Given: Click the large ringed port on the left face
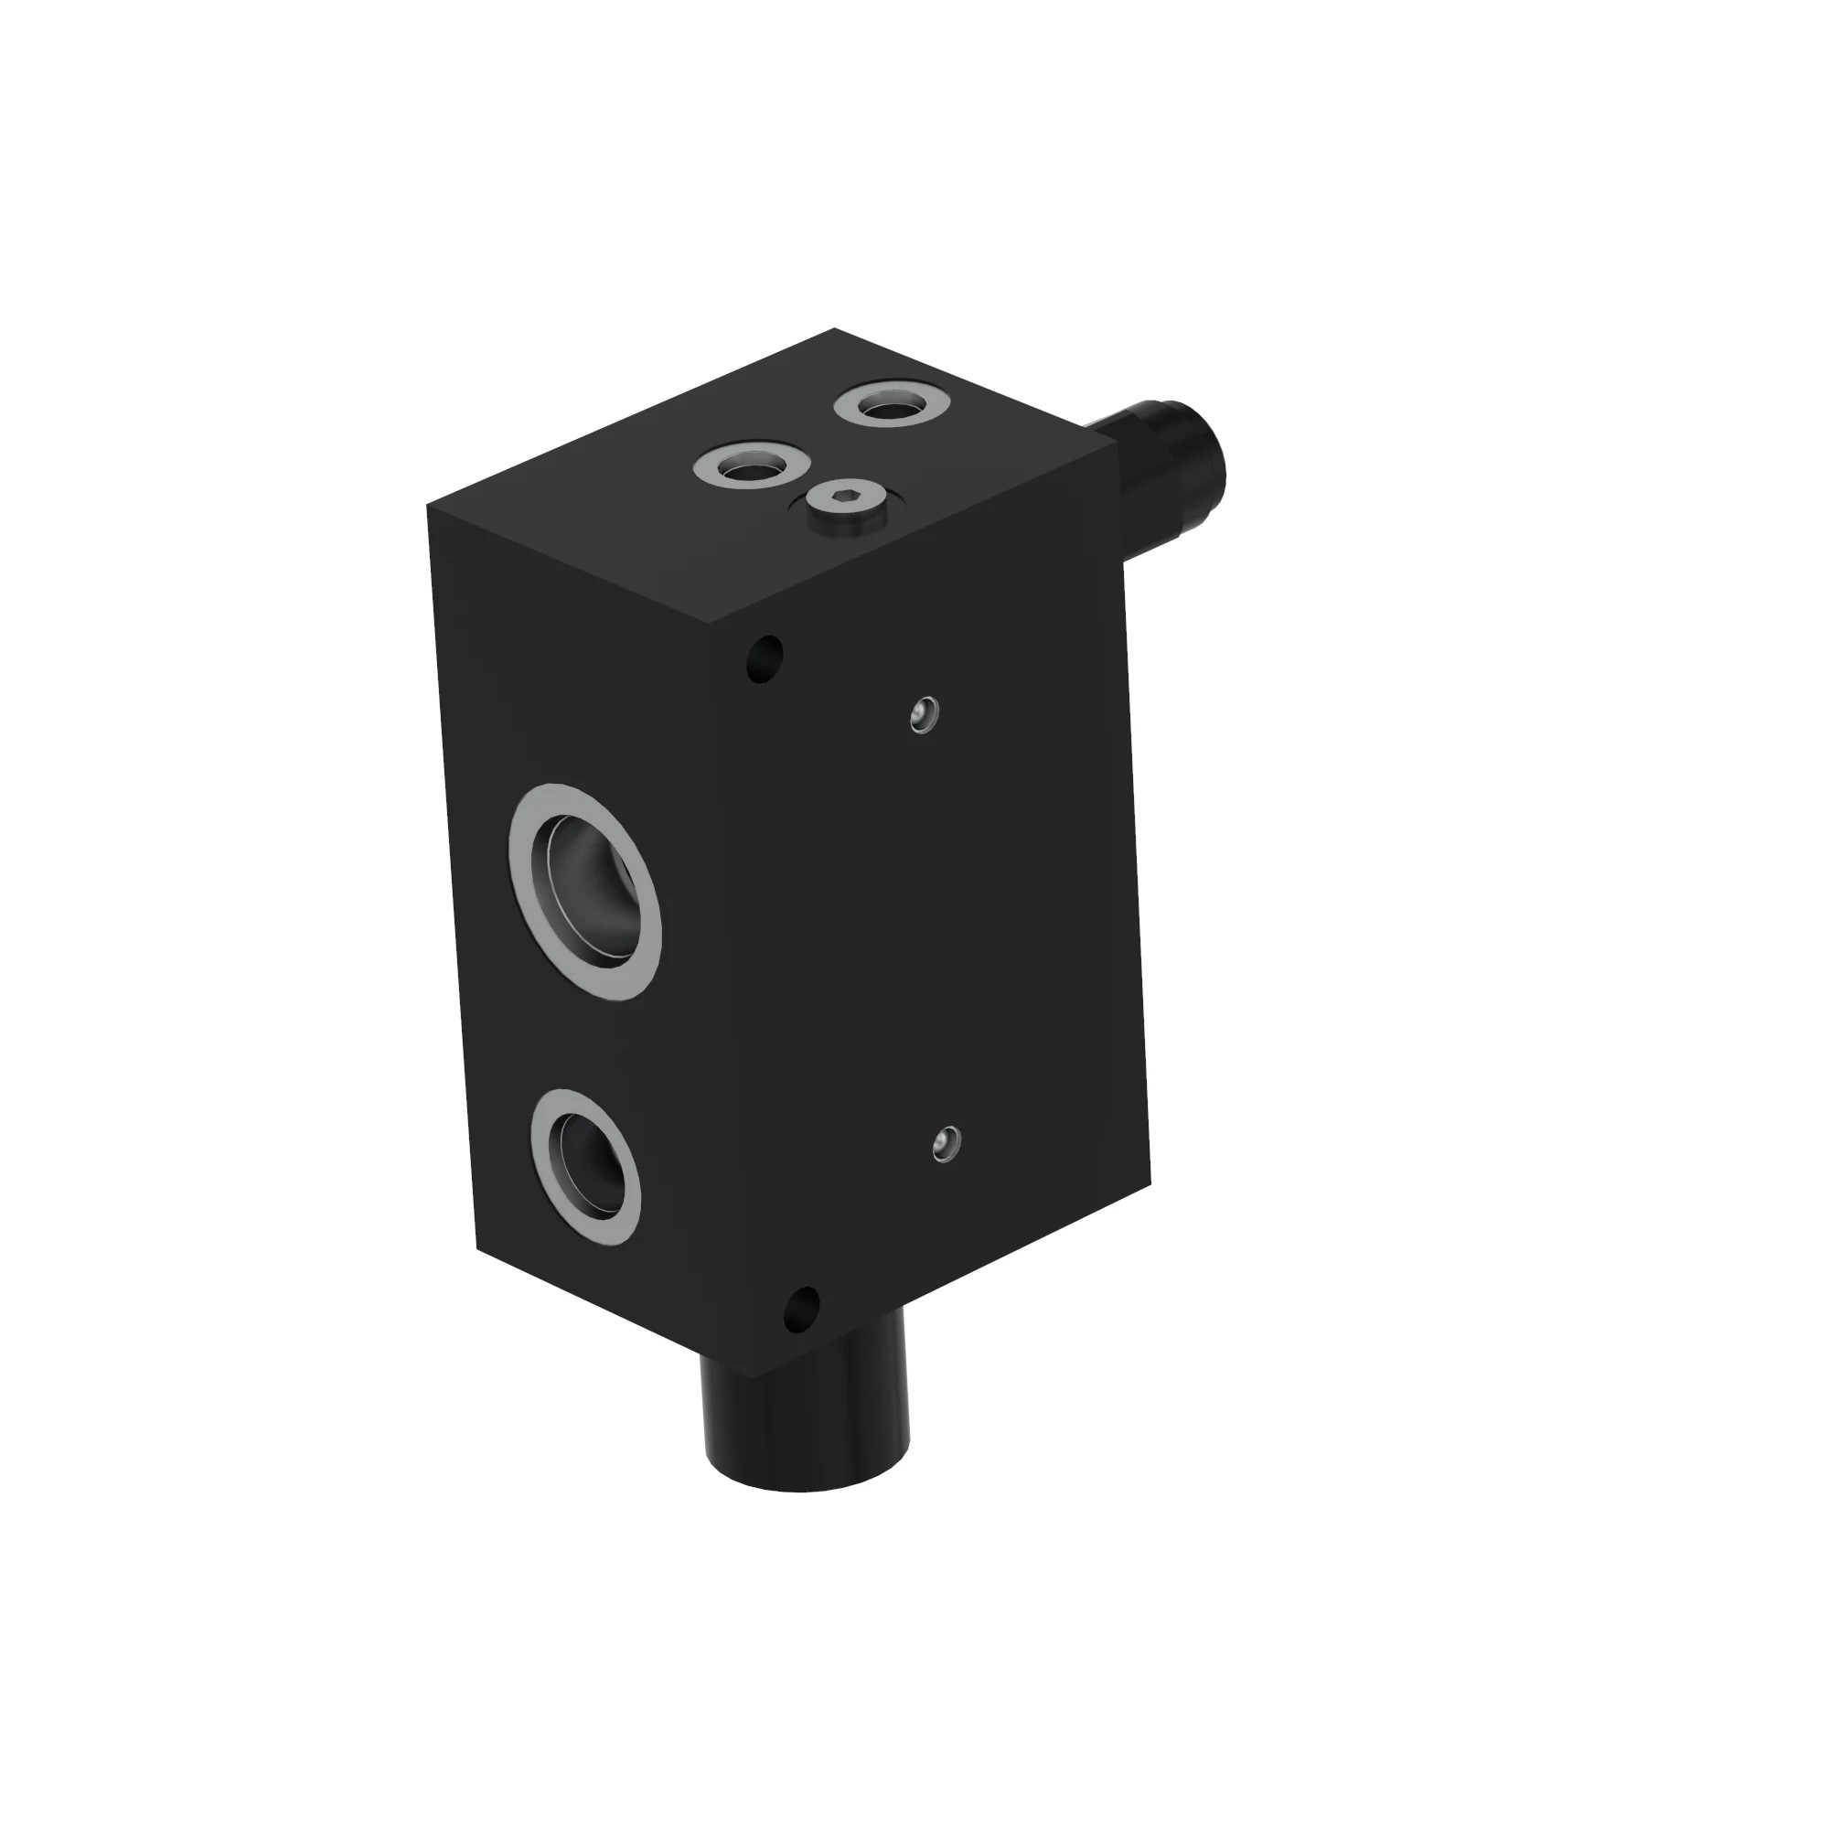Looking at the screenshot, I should pyautogui.click(x=584, y=891).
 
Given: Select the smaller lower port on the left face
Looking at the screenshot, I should pyautogui.click(x=585, y=1166).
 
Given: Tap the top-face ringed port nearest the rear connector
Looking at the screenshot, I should pyautogui.click(x=891, y=404).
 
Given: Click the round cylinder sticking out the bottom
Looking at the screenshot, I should pyautogui.click(x=805, y=1401).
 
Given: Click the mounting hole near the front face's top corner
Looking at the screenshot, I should pyautogui.click(x=765, y=655).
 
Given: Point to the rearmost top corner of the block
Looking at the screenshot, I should pyautogui.click(x=834, y=329).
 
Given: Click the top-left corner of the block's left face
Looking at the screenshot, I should pyautogui.click(x=428, y=506).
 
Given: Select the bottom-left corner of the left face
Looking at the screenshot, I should pyautogui.click(x=476, y=1248).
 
